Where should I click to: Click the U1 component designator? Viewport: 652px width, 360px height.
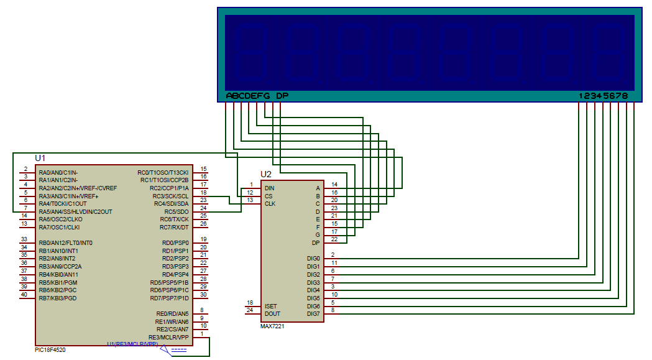(x=40, y=159)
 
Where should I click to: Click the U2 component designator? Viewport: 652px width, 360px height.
(x=265, y=174)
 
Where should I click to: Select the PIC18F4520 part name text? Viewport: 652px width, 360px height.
(x=50, y=350)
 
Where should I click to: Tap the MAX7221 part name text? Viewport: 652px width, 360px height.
(x=272, y=326)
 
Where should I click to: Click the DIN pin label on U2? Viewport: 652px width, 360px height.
(x=269, y=188)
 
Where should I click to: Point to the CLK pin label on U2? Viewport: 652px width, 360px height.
(x=270, y=203)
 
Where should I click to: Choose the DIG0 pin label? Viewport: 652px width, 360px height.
(x=313, y=258)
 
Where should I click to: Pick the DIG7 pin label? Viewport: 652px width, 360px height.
(x=313, y=313)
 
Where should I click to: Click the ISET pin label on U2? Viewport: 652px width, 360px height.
(x=270, y=306)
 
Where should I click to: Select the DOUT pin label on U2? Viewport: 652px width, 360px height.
(x=272, y=313)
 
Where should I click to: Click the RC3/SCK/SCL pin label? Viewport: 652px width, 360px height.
(x=170, y=196)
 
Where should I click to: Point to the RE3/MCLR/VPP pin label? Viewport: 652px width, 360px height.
(x=168, y=337)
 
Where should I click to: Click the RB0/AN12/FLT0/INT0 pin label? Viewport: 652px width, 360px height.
(x=65, y=242)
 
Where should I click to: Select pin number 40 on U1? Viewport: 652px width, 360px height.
(x=24, y=295)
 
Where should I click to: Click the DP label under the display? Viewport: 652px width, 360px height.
(x=282, y=96)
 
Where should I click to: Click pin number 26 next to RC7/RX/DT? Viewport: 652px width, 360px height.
(x=203, y=224)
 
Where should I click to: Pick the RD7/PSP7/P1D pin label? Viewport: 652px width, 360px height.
(x=170, y=298)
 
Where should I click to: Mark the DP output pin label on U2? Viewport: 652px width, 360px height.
(x=315, y=242)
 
